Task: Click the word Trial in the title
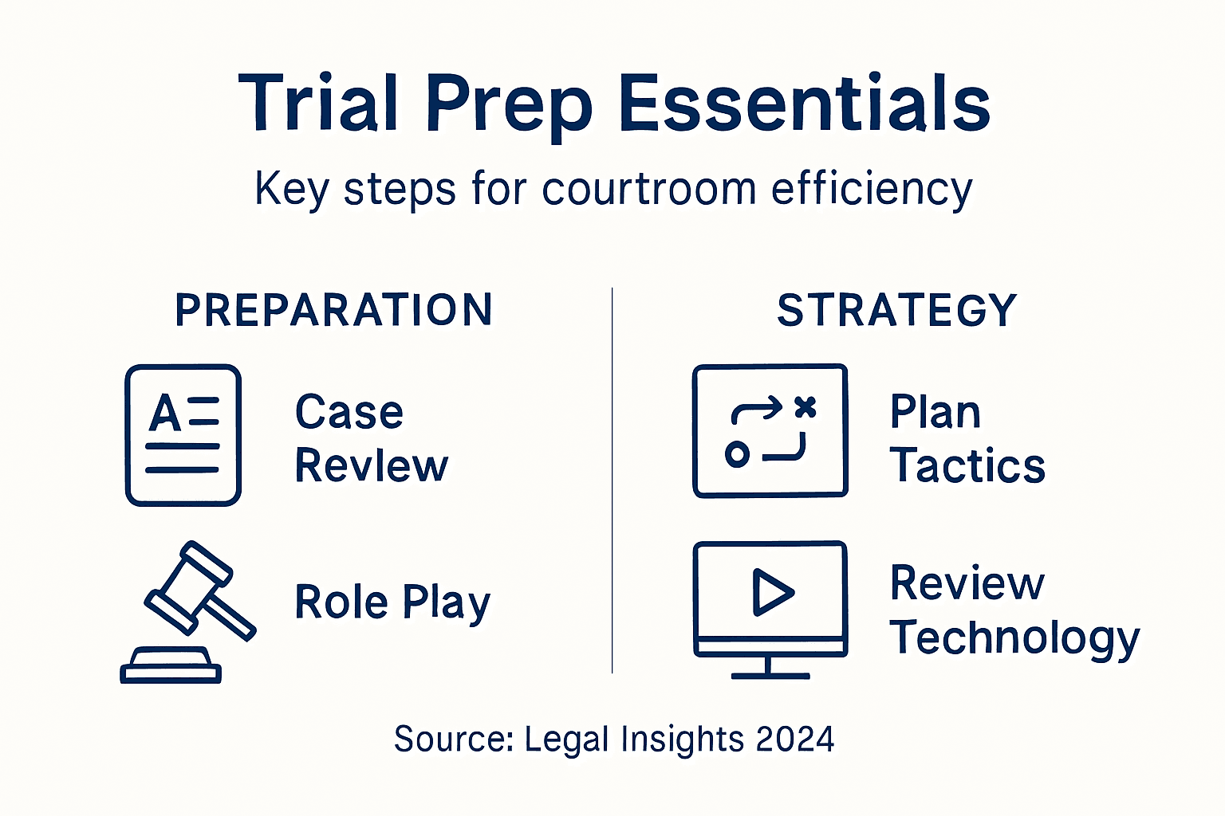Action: coord(318,104)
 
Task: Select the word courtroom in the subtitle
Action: coord(648,190)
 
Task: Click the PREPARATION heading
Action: coord(333,310)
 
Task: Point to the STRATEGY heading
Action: coord(896,310)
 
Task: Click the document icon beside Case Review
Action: coord(183,435)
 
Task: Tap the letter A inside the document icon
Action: coord(165,413)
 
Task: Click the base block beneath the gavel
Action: coord(171,668)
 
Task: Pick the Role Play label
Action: coord(392,602)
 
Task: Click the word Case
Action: coord(349,413)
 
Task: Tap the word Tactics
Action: coord(967,466)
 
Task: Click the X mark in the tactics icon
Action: coord(806,407)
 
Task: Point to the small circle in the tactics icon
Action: coord(737,455)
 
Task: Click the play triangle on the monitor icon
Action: coord(771,592)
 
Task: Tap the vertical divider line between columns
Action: coord(612,478)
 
